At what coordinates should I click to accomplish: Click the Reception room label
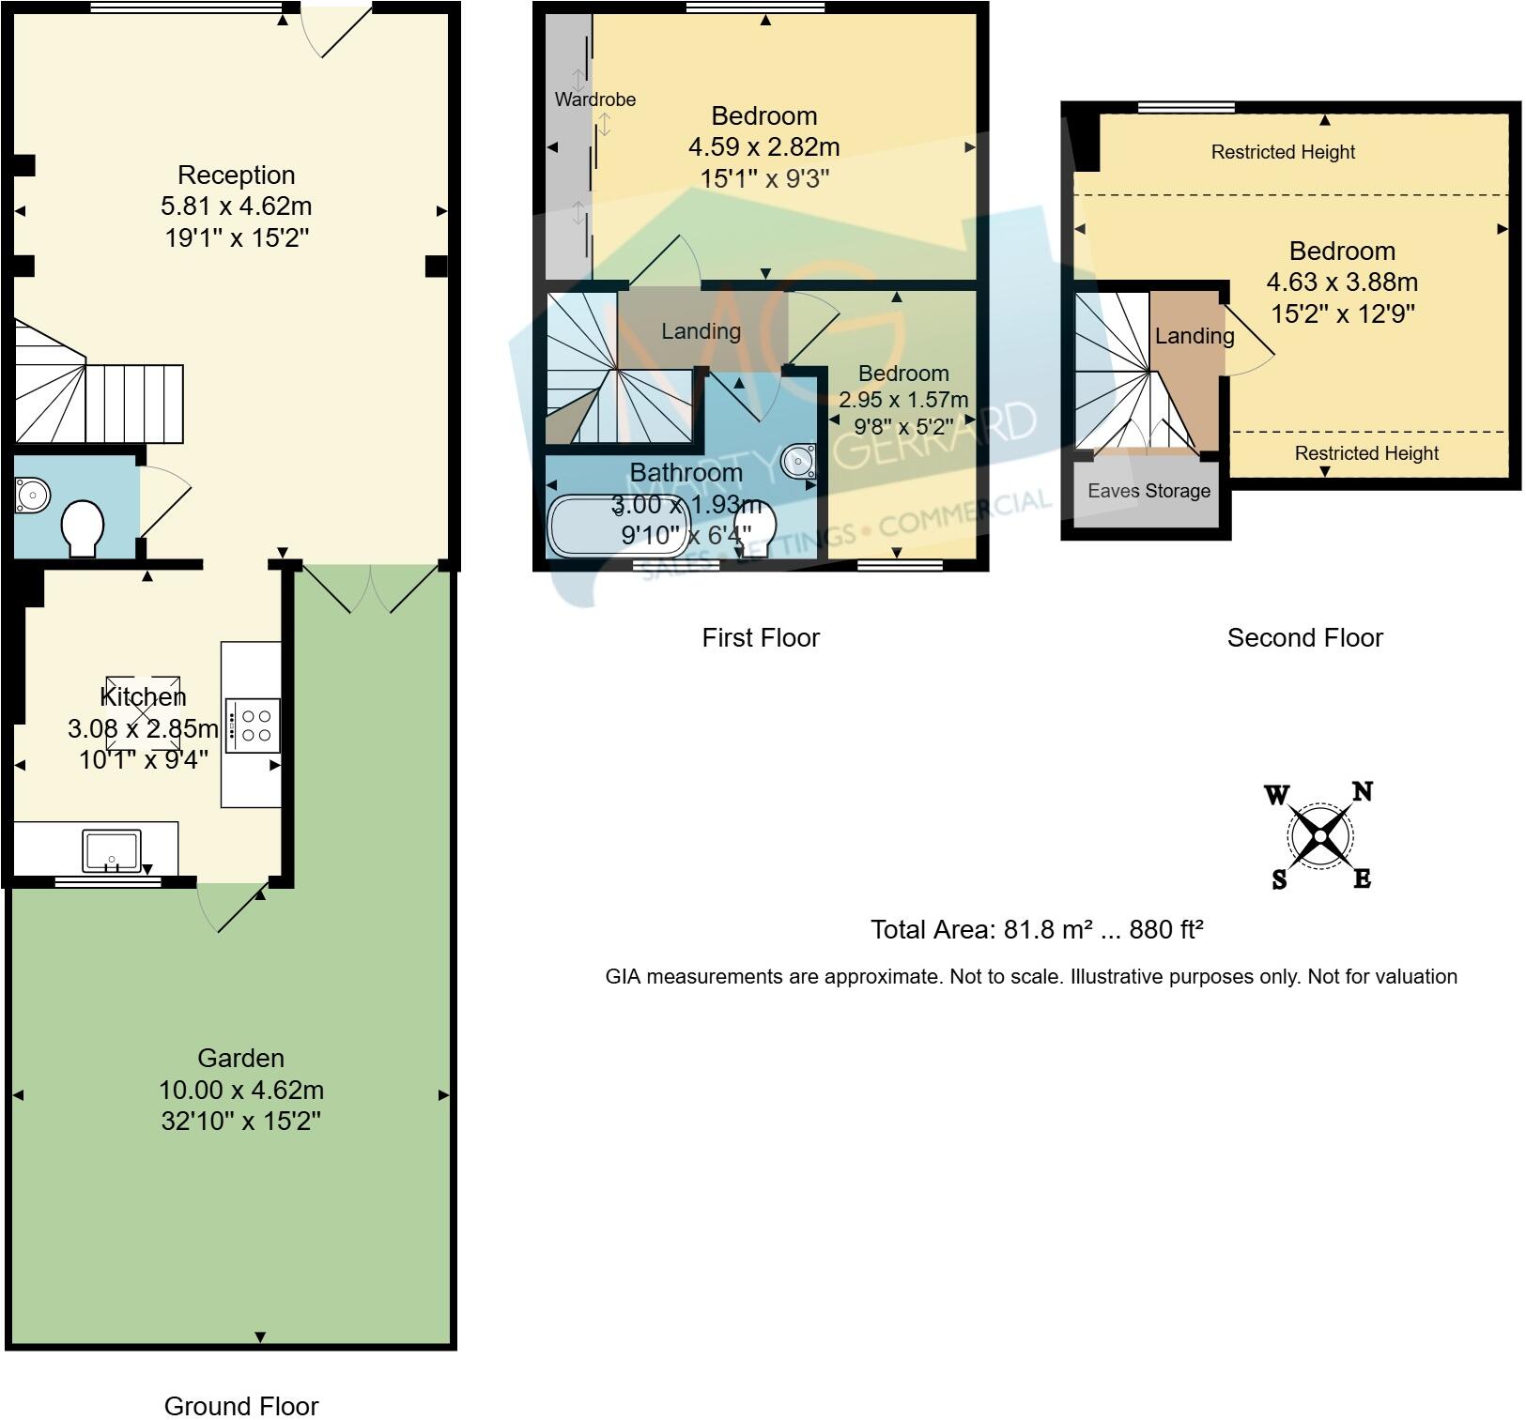[237, 176]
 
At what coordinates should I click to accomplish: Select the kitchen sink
[112, 850]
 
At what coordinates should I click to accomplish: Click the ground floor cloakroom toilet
[83, 528]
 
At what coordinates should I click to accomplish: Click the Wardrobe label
[594, 99]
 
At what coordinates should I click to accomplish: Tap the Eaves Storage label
[1148, 491]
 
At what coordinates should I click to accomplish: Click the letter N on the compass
[1362, 792]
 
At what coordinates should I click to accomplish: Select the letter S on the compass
[1279, 880]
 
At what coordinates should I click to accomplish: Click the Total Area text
[1037, 930]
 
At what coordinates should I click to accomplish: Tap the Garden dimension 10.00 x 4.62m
[241, 1091]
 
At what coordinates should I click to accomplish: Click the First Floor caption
[761, 638]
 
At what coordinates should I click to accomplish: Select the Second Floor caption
[1304, 638]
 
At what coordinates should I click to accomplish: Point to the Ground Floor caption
[241, 1406]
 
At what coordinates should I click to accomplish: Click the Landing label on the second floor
[1195, 336]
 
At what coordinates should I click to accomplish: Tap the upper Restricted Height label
[1283, 152]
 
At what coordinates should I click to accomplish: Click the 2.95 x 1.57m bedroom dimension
[903, 400]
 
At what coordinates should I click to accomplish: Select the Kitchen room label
[143, 696]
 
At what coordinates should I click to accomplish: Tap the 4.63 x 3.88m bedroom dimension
[1342, 282]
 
